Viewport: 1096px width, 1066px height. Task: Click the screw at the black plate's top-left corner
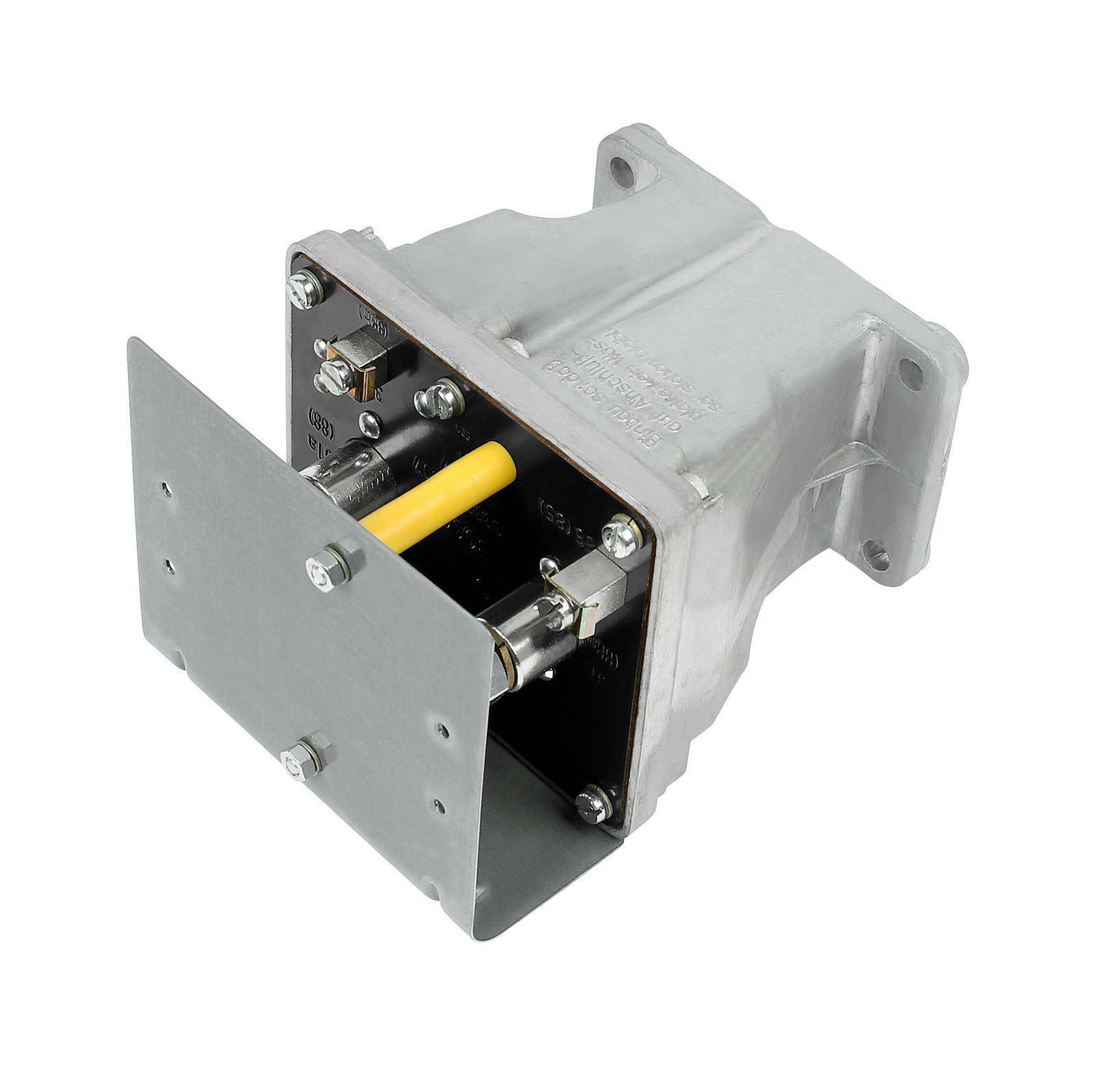coord(304,286)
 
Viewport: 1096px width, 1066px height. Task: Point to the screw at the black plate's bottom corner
coord(591,802)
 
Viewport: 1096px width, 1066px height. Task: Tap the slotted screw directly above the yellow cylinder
coord(434,396)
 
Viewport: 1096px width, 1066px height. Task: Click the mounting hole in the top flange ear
coord(623,168)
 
